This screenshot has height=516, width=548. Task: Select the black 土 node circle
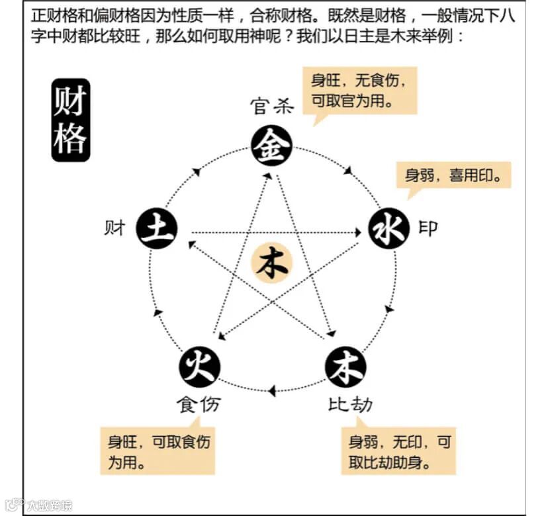156,229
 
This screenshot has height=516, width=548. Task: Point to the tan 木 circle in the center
271,264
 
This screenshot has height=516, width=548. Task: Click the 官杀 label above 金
271,107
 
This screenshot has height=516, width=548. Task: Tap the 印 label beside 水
428,229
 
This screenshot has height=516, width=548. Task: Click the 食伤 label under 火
197,403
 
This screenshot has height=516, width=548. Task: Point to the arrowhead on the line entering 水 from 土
356,232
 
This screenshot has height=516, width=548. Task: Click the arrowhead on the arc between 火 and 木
272,391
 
